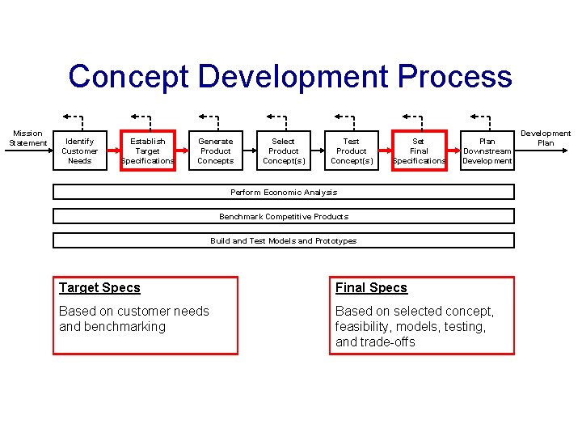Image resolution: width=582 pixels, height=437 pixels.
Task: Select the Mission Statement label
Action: [27, 138]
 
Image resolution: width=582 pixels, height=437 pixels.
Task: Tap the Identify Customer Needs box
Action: [79, 151]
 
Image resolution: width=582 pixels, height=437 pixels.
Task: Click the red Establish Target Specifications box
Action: [148, 151]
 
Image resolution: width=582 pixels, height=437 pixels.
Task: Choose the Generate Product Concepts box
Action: [216, 151]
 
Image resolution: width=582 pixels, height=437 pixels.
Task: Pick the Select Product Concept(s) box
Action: [284, 151]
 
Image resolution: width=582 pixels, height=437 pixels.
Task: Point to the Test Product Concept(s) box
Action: [352, 151]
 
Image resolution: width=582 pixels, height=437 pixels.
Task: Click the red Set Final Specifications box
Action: [419, 151]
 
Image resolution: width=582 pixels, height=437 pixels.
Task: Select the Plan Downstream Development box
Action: [487, 151]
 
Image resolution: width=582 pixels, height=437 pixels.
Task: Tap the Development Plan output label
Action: [546, 138]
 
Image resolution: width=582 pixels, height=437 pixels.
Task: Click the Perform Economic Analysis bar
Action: [284, 192]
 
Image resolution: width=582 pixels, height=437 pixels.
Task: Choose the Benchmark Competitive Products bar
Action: [284, 216]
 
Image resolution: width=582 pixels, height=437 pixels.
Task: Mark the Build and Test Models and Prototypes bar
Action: [284, 240]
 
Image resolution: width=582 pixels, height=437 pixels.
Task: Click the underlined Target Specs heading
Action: [99, 288]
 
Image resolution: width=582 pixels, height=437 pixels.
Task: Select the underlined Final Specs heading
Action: [371, 288]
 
